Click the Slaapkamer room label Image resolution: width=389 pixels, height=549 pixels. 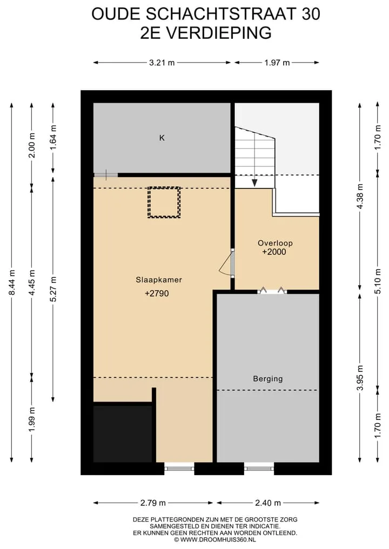(159, 280)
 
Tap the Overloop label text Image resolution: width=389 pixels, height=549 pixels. (275, 243)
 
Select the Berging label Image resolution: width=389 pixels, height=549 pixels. (268, 379)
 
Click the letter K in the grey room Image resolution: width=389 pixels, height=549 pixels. (162, 138)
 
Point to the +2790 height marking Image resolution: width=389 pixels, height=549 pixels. (157, 294)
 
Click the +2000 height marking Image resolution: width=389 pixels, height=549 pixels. (274, 252)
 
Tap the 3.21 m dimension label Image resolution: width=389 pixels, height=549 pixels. (162, 63)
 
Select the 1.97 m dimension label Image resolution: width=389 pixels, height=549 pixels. (277, 63)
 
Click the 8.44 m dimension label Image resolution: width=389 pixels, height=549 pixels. (11, 282)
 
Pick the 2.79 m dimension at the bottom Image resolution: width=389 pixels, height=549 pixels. (153, 503)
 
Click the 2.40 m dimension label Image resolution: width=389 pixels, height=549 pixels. (268, 503)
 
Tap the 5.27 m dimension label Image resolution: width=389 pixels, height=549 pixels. (53, 289)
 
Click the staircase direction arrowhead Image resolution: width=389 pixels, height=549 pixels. (255, 183)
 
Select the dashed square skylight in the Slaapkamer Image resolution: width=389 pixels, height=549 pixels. (164, 202)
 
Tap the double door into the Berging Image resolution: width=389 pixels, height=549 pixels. (272, 290)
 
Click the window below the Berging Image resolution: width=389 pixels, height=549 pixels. (259, 468)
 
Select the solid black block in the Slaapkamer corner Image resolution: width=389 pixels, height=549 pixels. (123, 433)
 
